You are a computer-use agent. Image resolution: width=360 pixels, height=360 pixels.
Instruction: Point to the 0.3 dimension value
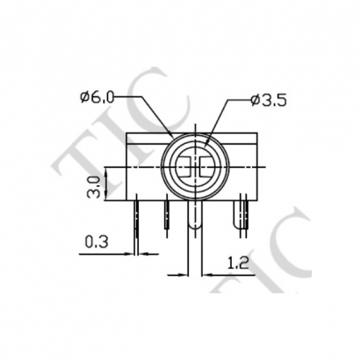click(98, 241)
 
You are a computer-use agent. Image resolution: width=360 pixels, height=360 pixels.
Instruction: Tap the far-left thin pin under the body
click(138, 216)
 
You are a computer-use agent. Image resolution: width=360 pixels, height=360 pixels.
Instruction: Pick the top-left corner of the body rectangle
click(128, 132)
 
